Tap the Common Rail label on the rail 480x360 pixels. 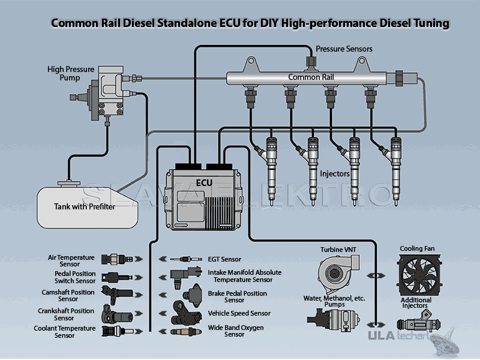pos(311,77)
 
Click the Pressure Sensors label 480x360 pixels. pos(344,49)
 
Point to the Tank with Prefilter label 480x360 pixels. pos(85,207)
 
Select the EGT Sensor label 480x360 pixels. pos(224,259)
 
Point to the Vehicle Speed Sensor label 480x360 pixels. pos(239,313)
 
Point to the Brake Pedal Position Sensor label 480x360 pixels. pos(238,296)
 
